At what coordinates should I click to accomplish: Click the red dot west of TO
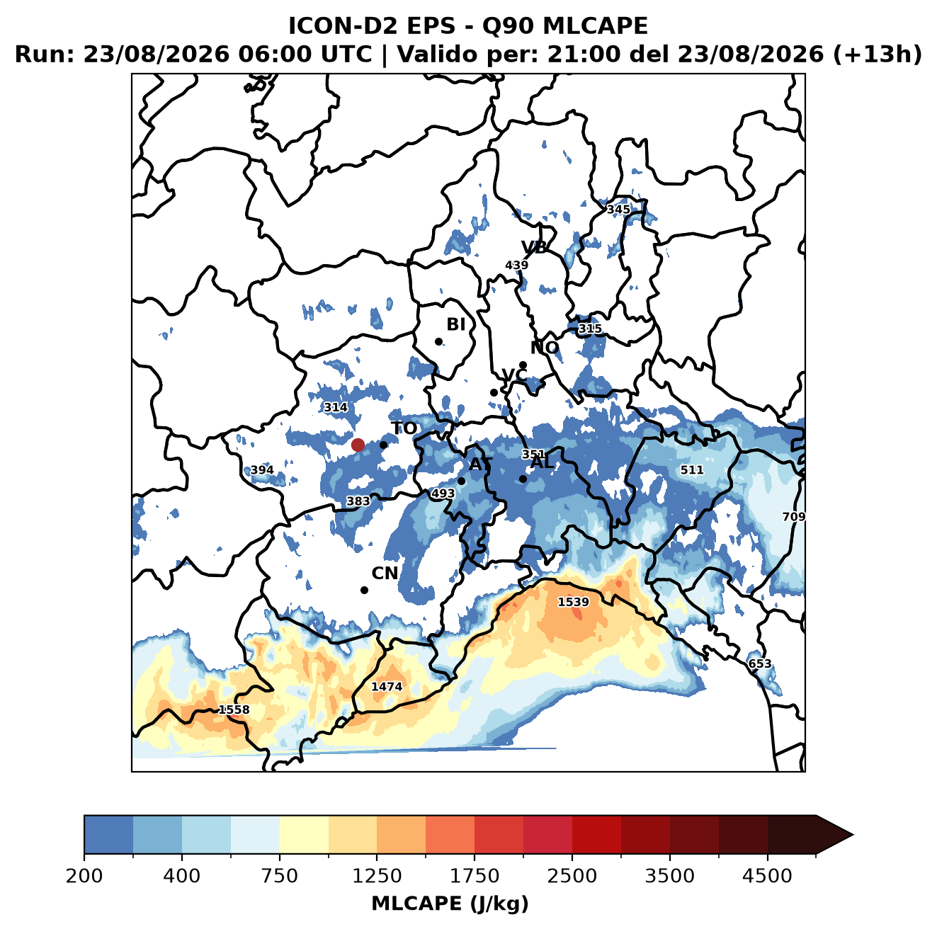tap(358, 445)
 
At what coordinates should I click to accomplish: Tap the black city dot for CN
tap(364, 590)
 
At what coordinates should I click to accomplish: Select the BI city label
tap(455, 324)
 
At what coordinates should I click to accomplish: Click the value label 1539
tap(573, 603)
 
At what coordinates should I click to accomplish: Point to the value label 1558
tap(234, 709)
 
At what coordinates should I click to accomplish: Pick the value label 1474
tap(387, 686)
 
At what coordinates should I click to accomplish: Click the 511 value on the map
tap(691, 470)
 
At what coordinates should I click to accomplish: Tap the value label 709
tap(793, 517)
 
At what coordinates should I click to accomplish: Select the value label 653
tap(759, 664)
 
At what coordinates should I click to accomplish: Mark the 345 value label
tap(618, 210)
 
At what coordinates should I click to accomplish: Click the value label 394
tap(262, 470)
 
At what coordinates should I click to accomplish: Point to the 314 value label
tap(336, 407)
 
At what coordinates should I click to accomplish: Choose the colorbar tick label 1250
tap(377, 875)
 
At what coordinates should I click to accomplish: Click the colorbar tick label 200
tap(84, 875)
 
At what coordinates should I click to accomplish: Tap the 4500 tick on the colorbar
tap(767, 875)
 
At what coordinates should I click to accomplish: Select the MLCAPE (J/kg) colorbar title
tap(450, 904)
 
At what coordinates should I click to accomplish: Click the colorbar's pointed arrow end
tap(853, 835)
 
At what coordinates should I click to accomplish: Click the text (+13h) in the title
tap(878, 55)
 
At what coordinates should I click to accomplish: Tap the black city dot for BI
tap(438, 342)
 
